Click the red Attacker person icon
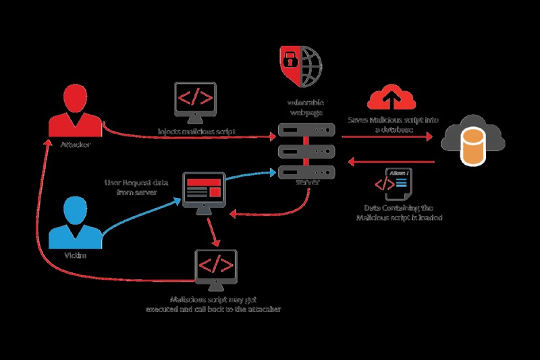(75, 111)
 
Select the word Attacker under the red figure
(75, 145)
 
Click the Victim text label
(76, 256)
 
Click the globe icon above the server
(310, 65)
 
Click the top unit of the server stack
(307, 129)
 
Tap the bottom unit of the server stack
(307, 172)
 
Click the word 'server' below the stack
(307, 184)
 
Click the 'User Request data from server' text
(131, 187)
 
